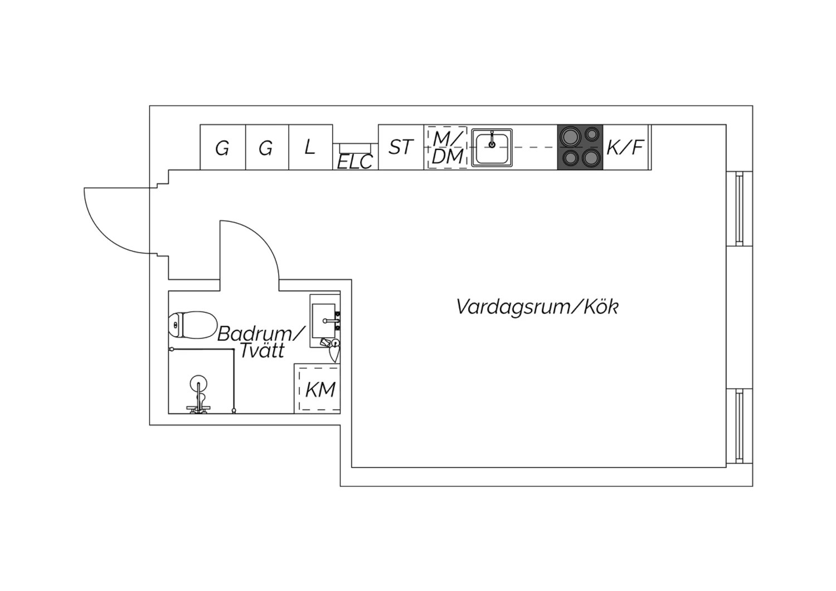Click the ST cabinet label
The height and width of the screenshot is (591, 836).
(401, 147)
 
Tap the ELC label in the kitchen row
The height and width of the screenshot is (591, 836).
(355, 162)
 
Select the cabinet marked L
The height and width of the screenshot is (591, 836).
(310, 147)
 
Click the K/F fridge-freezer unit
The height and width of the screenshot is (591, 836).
(627, 147)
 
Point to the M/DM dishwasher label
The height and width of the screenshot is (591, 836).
(448, 147)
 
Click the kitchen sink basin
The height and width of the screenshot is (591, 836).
(492, 148)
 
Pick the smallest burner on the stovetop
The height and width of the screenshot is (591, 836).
(592, 134)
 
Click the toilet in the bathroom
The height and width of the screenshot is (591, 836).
(193, 325)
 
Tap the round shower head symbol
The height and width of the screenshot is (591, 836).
(198, 384)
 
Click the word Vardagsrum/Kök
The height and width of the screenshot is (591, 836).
(537, 307)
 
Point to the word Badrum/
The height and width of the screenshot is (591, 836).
(261, 333)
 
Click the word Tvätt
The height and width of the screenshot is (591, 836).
(262, 350)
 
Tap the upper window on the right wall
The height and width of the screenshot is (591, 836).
(740, 209)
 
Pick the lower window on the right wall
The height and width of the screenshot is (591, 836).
(740, 426)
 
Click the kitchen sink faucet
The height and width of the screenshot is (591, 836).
(492, 139)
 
